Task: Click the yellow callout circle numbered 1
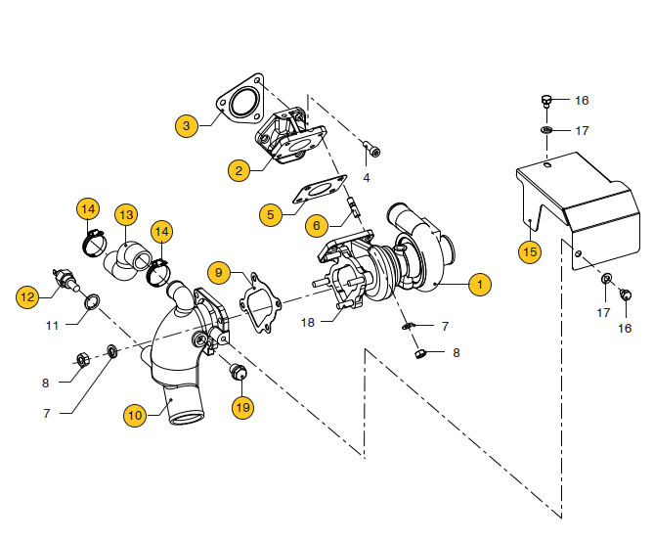(x=479, y=285)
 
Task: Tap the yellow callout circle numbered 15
(x=530, y=251)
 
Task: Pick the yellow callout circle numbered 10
(x=136, y=416)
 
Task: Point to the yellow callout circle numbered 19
(x=242, y=406)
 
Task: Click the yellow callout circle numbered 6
(x=315, y=225)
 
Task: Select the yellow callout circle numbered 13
(x=126, y=214)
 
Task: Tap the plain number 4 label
(x=367, y=178)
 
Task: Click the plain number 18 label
(x=307, y=322)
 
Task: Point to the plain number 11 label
(x=53, y=324)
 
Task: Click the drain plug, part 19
(x=235, y=371)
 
